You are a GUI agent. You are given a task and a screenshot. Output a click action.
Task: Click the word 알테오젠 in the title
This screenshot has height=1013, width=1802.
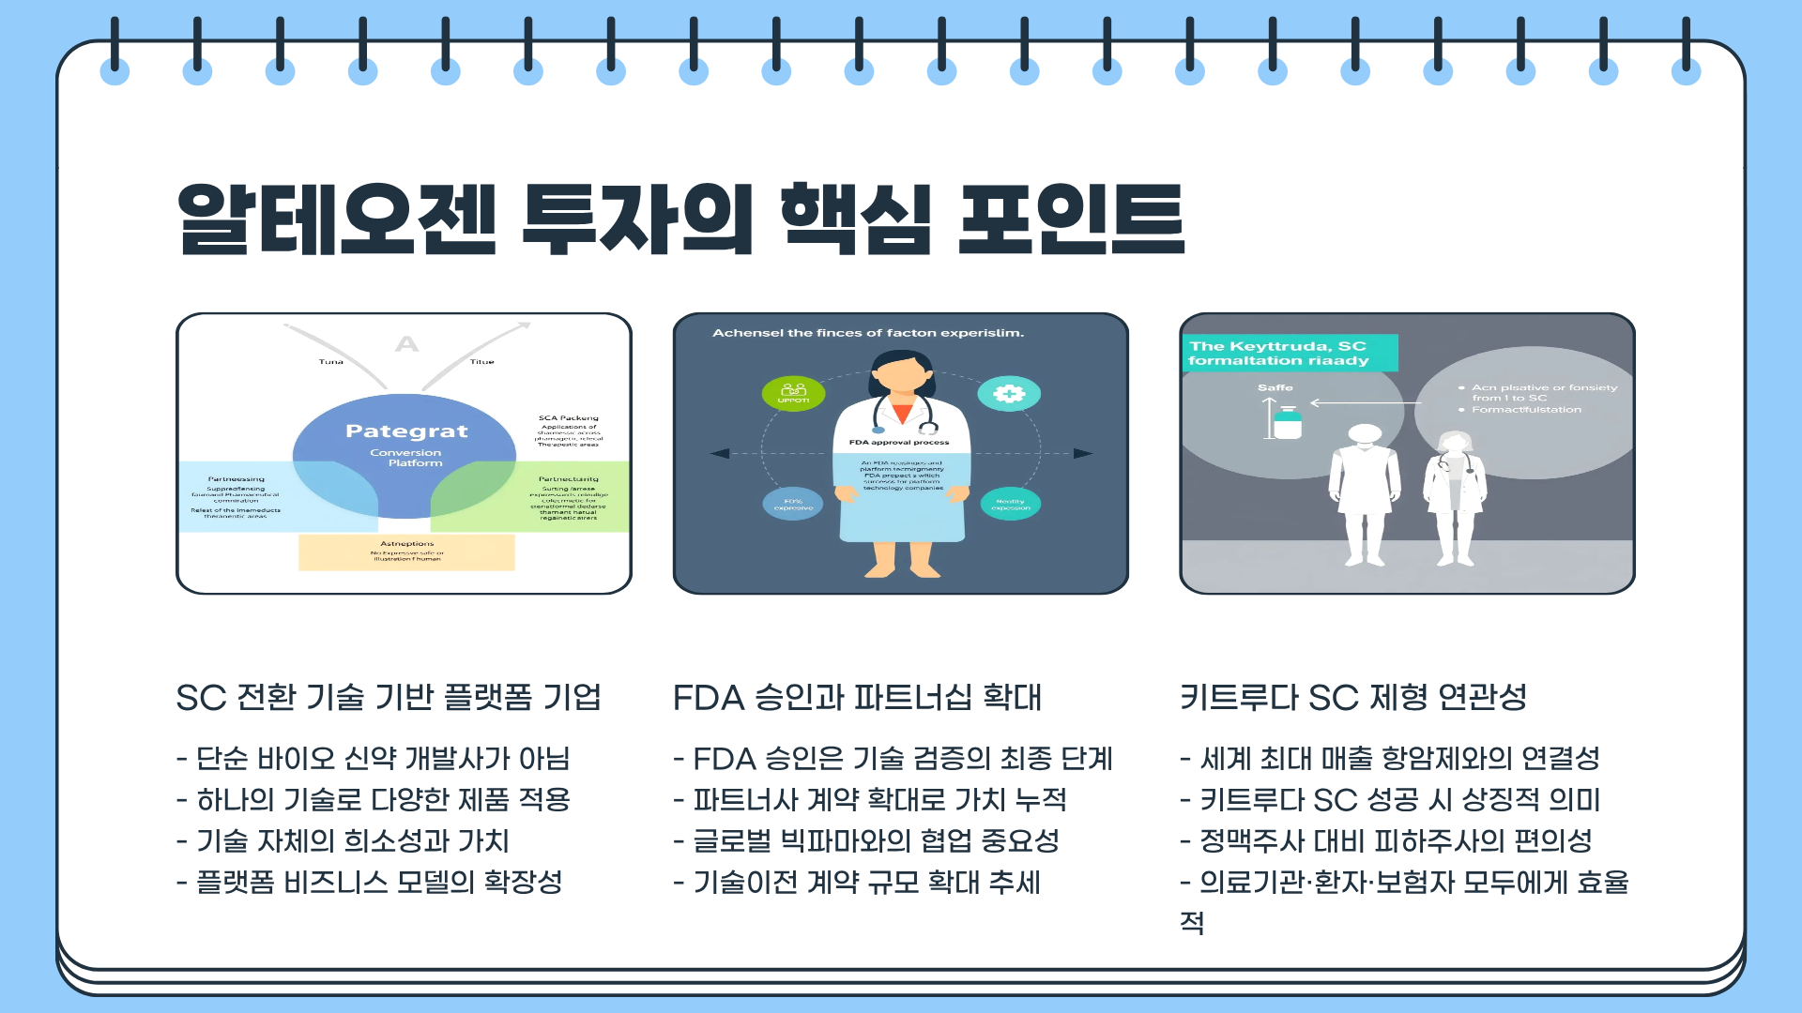336,219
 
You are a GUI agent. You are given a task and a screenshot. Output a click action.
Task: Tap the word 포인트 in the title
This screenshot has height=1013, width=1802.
1071,219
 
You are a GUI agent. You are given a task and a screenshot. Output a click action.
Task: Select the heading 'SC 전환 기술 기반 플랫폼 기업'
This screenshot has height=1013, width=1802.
389,698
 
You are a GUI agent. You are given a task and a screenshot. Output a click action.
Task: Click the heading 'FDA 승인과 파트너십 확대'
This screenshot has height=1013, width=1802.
857,698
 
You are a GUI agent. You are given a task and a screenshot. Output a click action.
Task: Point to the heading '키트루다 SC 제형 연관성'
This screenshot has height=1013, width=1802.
1353,698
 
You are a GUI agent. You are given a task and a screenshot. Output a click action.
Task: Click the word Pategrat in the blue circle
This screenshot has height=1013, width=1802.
406,431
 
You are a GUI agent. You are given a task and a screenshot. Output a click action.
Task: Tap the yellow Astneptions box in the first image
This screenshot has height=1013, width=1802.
406,552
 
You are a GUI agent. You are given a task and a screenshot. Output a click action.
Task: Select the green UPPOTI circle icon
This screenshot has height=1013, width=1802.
793,394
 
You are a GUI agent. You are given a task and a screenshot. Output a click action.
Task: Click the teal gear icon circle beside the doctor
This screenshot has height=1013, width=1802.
1009,394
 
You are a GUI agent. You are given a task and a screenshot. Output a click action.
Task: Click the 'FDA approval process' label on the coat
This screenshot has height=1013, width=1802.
899,442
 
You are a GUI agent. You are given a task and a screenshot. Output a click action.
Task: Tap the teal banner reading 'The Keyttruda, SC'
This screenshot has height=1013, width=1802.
1290,353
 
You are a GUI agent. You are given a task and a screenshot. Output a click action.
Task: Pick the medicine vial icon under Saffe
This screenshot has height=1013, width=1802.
1288,423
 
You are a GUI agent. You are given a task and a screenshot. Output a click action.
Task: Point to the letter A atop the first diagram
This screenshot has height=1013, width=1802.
406,344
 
